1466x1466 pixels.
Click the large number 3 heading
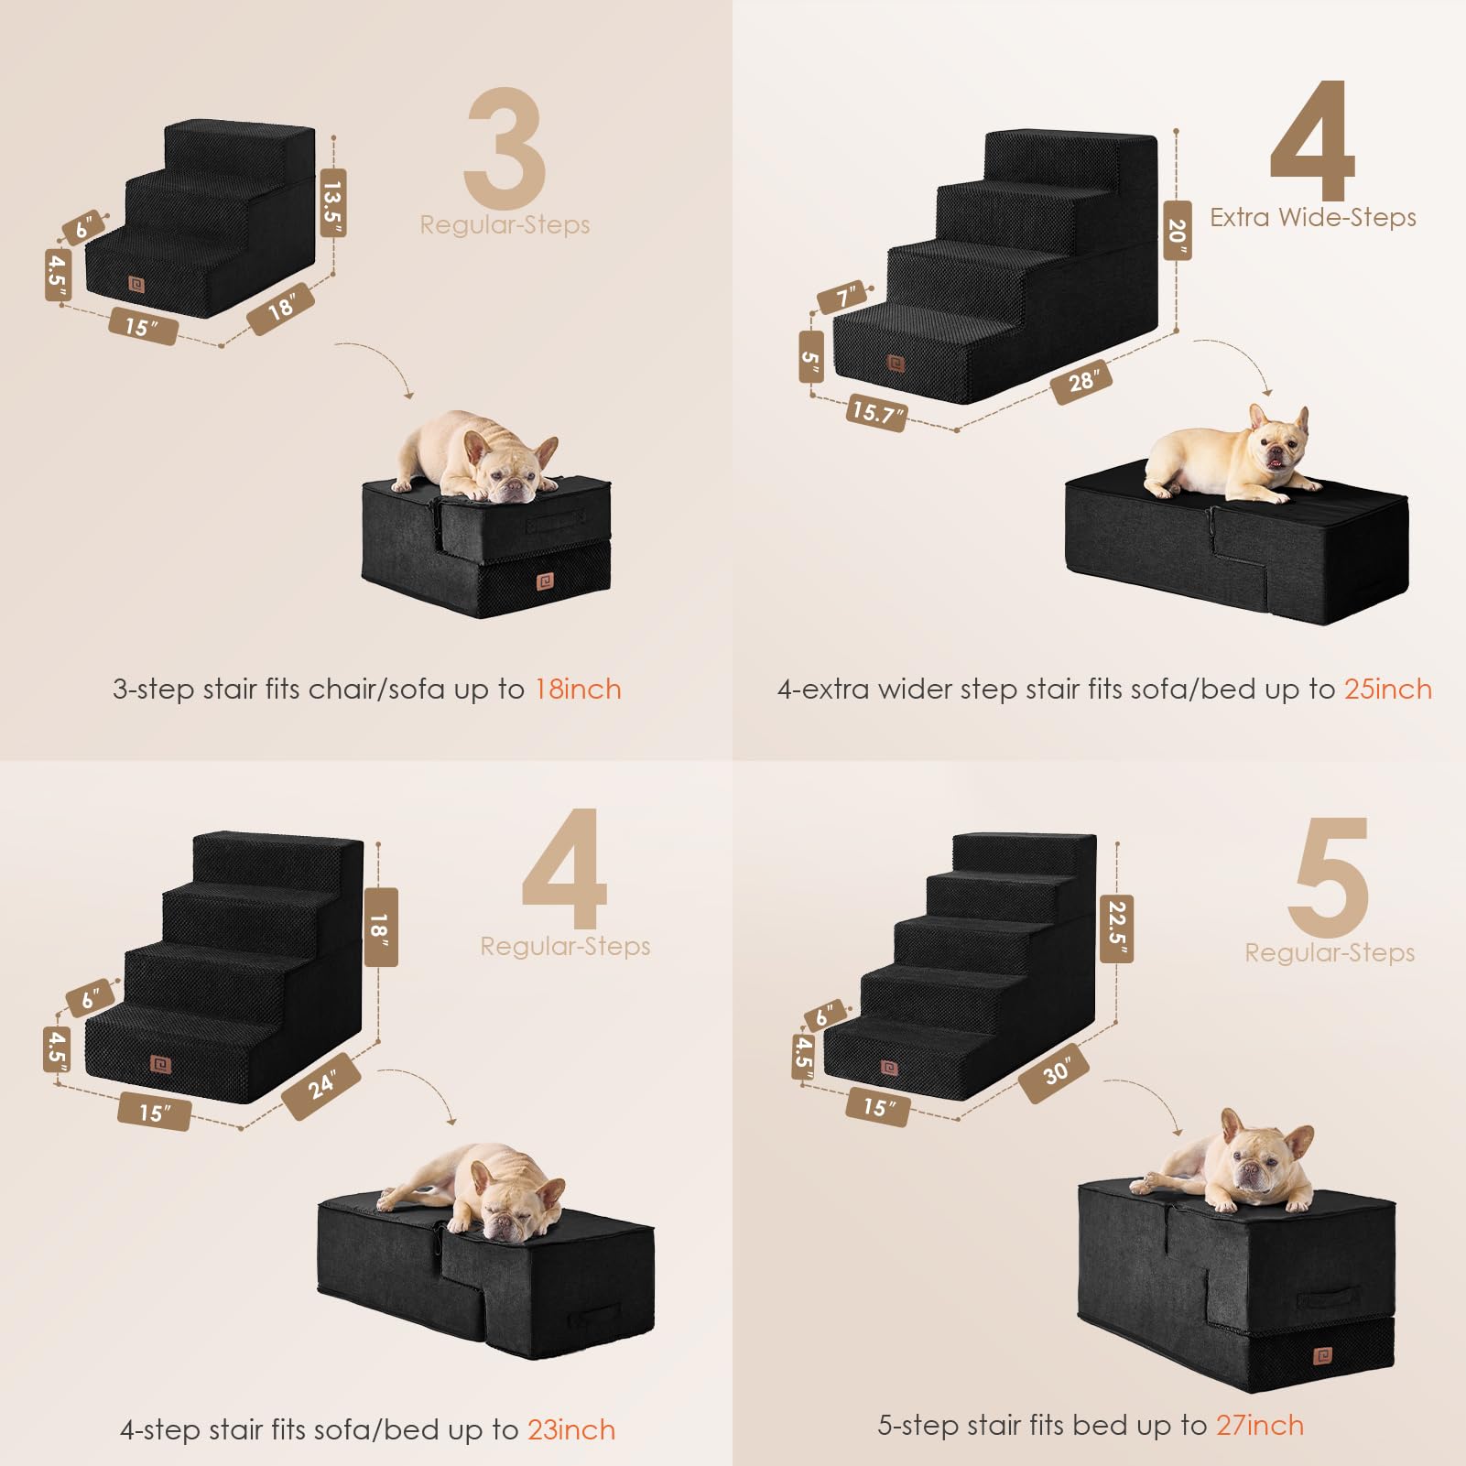click(505, 148)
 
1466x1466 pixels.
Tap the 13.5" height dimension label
click(332, 203)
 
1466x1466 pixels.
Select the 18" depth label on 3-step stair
click(281, 309)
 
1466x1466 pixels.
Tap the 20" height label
click(1177, 231)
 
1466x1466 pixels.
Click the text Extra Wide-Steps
click(1312, 218)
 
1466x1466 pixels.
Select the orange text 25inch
click(1387, 690)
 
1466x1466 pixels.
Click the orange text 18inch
click(578, 690)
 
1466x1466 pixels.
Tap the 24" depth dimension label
click(321, 1086)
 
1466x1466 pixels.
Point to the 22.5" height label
click(1116, 928)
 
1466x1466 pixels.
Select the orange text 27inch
click(1259, 1425)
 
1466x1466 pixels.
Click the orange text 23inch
click(571, 1429)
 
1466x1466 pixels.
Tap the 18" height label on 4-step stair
click(381, 927)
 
